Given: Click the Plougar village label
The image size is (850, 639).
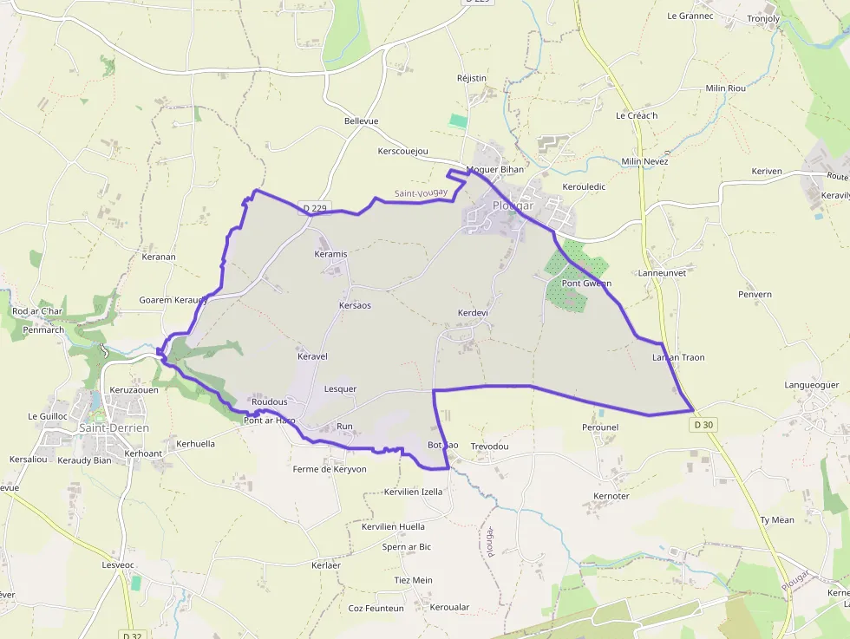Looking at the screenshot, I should click(x=513, y=205).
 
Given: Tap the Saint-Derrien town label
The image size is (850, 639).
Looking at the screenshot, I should click(x=114, y=428).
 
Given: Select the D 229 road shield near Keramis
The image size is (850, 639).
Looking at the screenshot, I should click(x=315, y=208).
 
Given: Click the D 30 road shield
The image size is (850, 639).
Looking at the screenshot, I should click(x=705, y=425).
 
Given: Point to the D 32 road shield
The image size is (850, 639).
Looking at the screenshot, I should click(x=131, y=635).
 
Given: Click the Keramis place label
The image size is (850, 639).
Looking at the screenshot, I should click(x=330, y=254).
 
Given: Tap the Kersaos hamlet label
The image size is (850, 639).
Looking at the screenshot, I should click(x=355, y=305).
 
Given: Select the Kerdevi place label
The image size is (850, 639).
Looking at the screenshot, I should click(x=473, y=312).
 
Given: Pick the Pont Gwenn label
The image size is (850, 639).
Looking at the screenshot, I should click(x=586, y=284).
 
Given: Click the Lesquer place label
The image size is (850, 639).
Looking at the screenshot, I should click(x=340, y=389).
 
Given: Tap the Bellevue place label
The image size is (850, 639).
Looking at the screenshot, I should click(x=361, y=121).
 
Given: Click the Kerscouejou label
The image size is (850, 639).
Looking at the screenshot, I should click(x=403, y=152).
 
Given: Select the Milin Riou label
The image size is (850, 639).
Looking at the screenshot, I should click(x=725, y=88).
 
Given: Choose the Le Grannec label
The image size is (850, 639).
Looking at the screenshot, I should click(x=690, y=16).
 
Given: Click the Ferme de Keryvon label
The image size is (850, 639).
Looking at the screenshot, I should click(x=330, y=469).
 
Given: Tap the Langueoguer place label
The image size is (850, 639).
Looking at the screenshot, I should click(x=811, y=384).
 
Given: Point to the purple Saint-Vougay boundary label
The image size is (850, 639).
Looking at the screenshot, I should click(x=421, y=193).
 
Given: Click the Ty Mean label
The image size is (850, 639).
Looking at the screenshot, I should click(x=776, y=520).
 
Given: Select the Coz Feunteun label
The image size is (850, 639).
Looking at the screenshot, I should click(x=376, y=608).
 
